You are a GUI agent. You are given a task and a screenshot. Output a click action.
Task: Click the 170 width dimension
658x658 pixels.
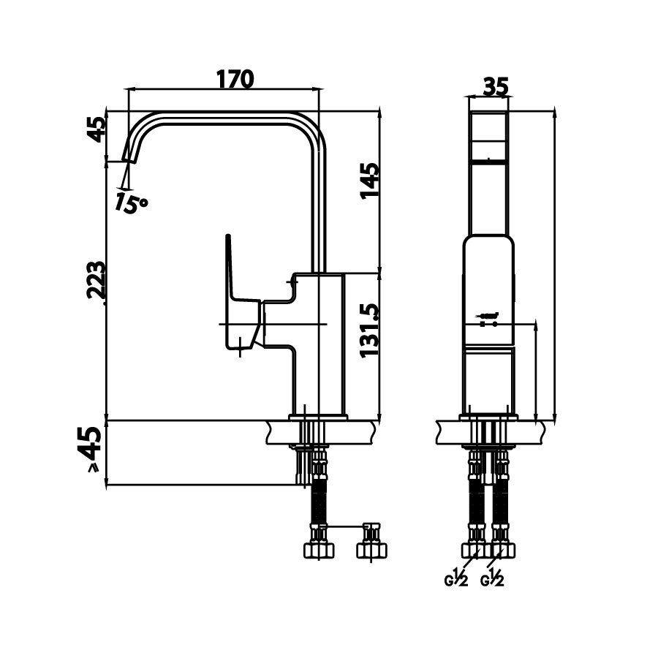click(x=235, y=78)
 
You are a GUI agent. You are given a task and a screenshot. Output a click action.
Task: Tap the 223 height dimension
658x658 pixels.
click(x=96, y=281)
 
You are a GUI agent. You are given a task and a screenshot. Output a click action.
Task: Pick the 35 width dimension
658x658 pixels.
click(x=495, y=86)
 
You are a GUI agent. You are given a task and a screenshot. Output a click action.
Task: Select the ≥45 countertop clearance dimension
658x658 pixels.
click(x=91, y=450)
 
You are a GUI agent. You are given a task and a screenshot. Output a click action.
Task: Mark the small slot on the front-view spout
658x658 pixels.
click(x=488, y=159)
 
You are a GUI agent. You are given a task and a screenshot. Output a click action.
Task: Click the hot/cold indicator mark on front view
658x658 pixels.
click(x=488, y=319)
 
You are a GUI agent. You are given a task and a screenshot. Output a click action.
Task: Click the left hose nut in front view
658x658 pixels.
click(x=473, y=550)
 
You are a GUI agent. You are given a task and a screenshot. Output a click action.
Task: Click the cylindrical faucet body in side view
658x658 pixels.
click(x=320, y=344)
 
